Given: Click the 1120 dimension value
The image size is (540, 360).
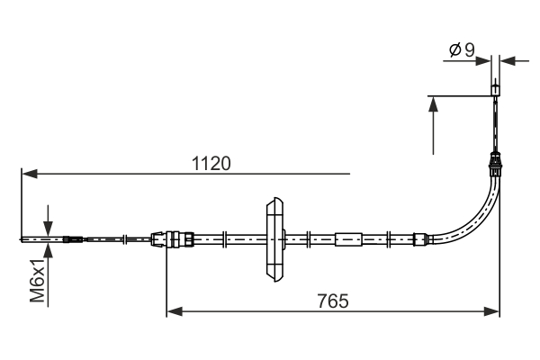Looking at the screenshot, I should [x=211, y=164].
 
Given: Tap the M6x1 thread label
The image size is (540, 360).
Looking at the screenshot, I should [x=38, y=281].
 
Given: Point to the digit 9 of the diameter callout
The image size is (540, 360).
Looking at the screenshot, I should [x=470, y=50].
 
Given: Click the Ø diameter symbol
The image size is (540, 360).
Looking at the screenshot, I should [x=455, y=50].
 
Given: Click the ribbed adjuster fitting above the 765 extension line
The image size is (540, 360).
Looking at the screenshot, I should [x=173, y=239].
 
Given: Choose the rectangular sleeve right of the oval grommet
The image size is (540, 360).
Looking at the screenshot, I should [x=347, y=239].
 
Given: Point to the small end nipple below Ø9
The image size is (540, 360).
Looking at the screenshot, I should [x=495, y=90].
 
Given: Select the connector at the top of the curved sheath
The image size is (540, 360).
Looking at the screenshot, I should [x=494, y=164].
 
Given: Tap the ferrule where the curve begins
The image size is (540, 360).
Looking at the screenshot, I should [x=418, y=239].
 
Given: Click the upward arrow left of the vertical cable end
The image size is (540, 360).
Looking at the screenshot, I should [x=435, y=106].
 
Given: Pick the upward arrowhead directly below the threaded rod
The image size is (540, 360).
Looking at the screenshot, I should [x=47, y=251].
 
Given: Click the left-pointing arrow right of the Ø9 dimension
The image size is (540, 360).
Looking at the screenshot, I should [x=508, y=61].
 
